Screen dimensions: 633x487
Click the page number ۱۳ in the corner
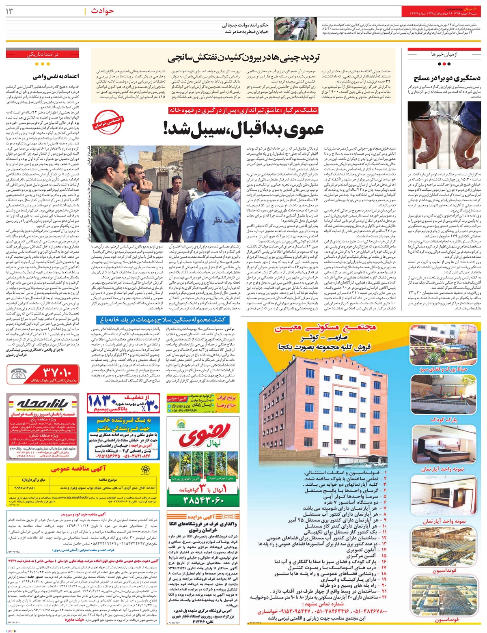coord(9,11)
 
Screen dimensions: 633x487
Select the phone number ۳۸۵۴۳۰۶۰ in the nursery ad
coord(204,500)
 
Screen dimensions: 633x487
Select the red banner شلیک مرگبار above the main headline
coord(244,110)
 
